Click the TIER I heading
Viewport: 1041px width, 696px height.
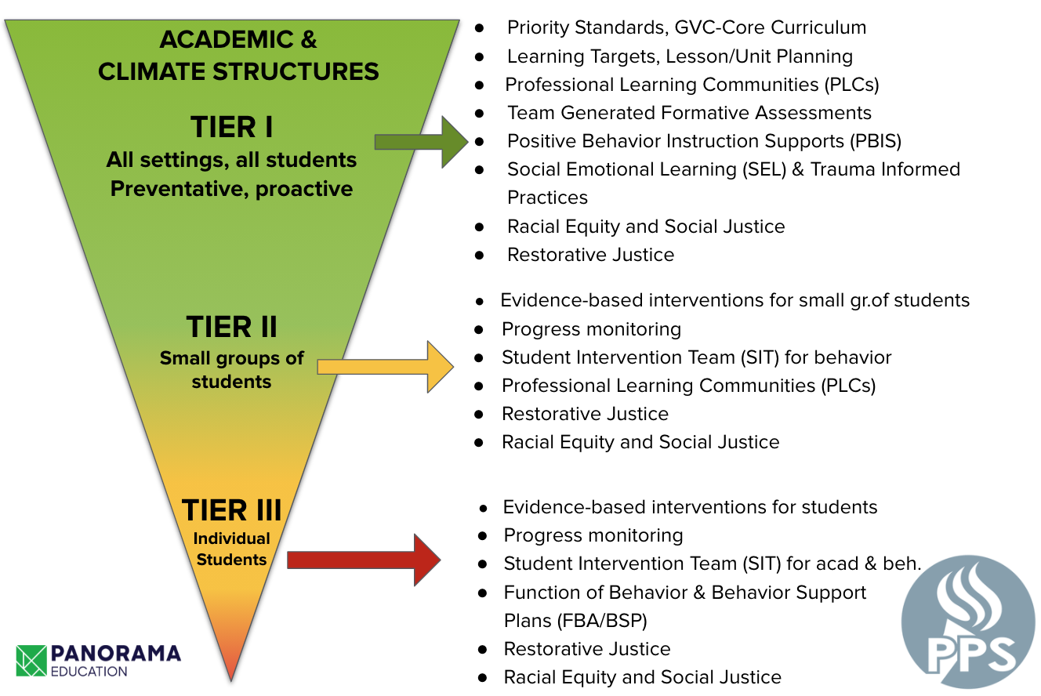(232, 127)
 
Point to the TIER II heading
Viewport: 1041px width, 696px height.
(232, 327)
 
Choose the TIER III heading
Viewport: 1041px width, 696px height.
(232, 510)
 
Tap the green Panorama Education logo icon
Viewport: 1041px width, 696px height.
(31, 661)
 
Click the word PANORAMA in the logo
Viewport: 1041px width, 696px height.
(116, 654)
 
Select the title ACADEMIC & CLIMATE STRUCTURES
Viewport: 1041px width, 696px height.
(238, 56)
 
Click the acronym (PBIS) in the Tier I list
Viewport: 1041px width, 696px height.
(876, 141)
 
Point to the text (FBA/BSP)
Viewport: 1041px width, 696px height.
(602, 621)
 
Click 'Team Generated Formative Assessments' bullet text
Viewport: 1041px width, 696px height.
(689, 113)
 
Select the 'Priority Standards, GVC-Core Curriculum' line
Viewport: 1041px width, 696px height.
(687, 27)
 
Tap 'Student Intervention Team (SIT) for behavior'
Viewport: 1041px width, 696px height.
(696, 357)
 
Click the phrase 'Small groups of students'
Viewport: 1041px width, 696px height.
(232, 370)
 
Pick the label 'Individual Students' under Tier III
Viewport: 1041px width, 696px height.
(232, 549)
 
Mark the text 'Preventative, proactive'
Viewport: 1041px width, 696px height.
(232, 189)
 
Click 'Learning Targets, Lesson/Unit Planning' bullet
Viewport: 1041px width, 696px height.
(680, 56)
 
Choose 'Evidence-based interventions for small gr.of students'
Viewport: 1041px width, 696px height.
(735, 300)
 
